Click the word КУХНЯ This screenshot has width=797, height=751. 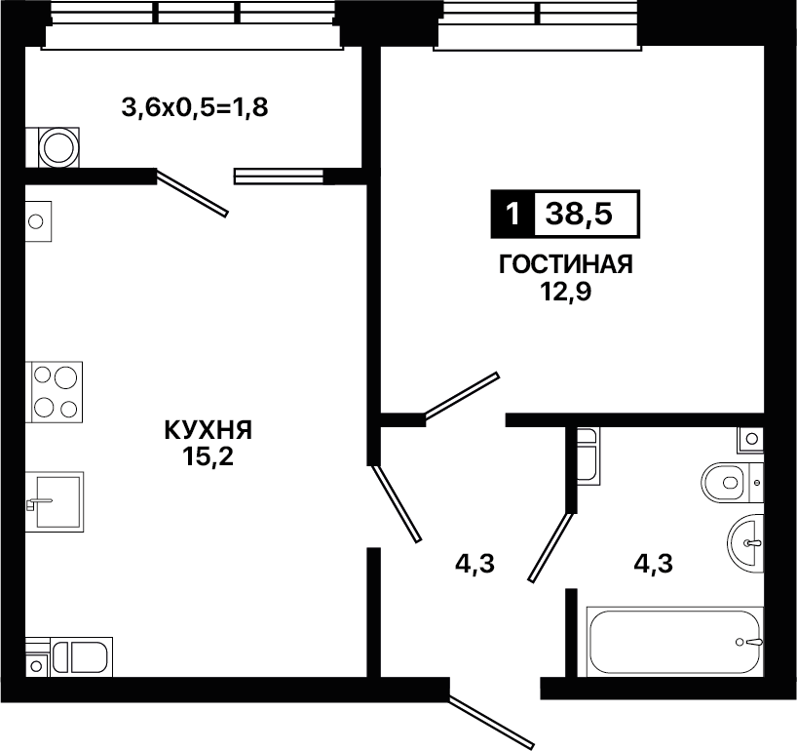click(x=208, y=430)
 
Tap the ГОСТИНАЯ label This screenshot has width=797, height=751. click(x=566, y=264)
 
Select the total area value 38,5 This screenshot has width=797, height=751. click(x=579, y=215)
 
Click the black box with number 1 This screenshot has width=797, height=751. click(x=512, y=215)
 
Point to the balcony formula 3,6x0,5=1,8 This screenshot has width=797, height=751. click(x=195, y=108)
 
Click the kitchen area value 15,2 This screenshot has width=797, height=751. click(x=209, y=457)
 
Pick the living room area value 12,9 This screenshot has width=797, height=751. click(x=566, y=292)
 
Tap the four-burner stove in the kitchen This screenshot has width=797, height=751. click(x=55, y=392)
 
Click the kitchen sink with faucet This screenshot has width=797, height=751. click(x=55, y=501)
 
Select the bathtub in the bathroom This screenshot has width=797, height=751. click(x=675, y=642)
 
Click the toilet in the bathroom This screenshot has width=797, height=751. click(x=733, y=482)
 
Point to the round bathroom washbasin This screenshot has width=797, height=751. click(x=745, y=543)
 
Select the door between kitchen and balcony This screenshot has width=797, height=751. click(x=191, y=194)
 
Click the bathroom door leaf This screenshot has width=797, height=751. click(x=550, y=547)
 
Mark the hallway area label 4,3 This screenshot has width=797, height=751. click(x=474, y=564)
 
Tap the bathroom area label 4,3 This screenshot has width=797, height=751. click(x=653, y=564)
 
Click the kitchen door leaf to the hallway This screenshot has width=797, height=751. click(x=396, y=503)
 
